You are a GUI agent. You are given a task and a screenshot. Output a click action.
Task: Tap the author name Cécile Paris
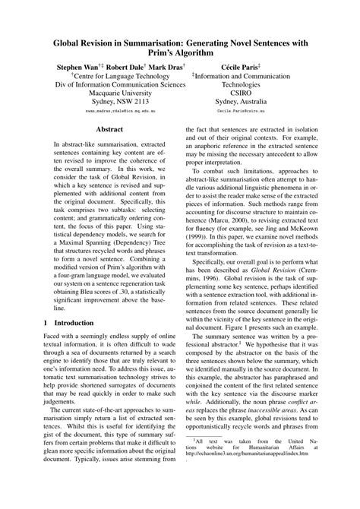241,68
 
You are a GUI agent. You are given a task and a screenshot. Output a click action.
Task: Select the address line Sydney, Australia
241,102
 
